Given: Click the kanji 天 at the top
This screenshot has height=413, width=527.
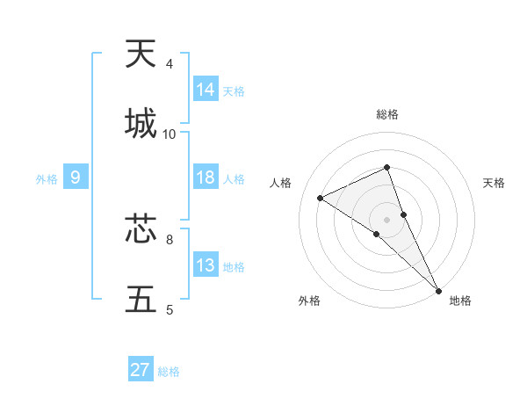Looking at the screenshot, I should click(x=141, y=54).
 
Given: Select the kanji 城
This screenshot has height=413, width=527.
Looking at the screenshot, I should click(x=141, y=124).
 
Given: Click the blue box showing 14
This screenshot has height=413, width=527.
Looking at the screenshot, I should click(x=206, y=90).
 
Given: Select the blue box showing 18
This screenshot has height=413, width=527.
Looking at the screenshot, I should click(x=206, y=178).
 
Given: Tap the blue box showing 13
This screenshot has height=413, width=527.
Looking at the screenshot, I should click(x=206, y=265).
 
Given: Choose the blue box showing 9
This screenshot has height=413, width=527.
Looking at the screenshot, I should click(x=76, y=178).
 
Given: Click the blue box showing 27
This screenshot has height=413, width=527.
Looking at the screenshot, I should click(x=141, y=370).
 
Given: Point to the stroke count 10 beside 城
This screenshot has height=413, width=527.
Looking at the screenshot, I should click(x=170, y=134).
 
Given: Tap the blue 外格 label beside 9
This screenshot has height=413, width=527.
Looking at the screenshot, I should click(x=47, y=178).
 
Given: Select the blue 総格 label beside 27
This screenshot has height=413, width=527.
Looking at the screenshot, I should click(x=169, y=371).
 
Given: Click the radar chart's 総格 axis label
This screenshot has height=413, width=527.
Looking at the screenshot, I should click(x=387, y=114).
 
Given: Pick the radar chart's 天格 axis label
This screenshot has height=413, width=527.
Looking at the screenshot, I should click(x=495, y=183).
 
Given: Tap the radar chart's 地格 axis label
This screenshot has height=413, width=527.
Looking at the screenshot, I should click(x=460, y=301).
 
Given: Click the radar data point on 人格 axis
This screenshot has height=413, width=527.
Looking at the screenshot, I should click(x=321, y=198).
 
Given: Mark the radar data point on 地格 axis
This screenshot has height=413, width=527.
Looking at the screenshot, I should click(x=438, y=290).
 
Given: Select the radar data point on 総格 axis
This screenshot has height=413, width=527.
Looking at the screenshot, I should click(x=387, y=167).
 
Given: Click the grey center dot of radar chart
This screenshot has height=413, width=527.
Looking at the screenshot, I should click(x=387, y=219).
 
